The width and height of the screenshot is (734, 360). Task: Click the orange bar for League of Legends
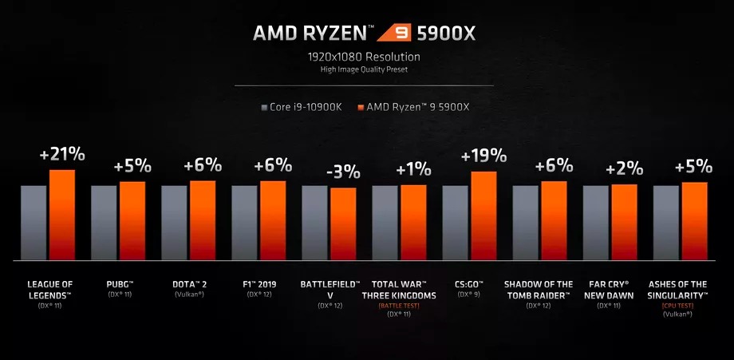(62, 215)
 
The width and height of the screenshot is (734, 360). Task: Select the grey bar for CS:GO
(455, 223)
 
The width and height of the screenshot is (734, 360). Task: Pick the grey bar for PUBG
(104, 223)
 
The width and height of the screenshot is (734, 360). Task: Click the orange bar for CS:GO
(483, 216)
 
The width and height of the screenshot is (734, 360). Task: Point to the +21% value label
(62, 154)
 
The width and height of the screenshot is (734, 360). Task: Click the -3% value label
(344, 172)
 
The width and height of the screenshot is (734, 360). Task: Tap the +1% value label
(413, 168)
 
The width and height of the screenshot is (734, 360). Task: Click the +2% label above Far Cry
(624, 168)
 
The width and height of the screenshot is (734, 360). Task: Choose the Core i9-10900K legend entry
(301, 106)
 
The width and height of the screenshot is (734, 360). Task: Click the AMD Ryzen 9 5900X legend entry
(416, 106)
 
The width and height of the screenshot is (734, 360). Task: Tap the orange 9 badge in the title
(392, 33)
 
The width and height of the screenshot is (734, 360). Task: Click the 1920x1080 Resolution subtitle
(366, 57)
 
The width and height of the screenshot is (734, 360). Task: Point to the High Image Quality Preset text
(366, 69)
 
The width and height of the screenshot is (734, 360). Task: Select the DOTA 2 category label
(190, 283)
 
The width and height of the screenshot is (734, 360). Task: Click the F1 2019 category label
(260, 283)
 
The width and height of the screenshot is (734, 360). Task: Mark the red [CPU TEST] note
(677, 304)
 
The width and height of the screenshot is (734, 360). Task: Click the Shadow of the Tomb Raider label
(539, 288)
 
